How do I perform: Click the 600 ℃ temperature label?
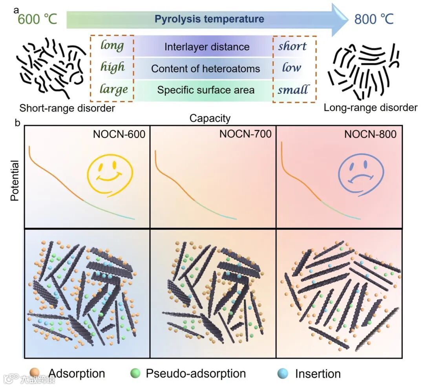click(x=38, y=18)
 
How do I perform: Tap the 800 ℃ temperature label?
click(x=374, y=18)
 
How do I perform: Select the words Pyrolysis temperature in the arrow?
click(x=209, y=19)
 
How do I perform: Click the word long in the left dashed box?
click(x=112, y=46)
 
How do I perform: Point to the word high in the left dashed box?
click(x=113, y=67)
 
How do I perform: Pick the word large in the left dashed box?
click(x=113, y=89)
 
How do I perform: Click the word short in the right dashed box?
click(x=292, y=46)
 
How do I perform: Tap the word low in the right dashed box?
click(x=292, y=68)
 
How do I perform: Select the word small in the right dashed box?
click(x=293, y=90)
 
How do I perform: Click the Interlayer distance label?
click(x=207, y=47)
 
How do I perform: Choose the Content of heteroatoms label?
click(x=206, y=69)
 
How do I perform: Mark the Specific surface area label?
click(x=206, y=90)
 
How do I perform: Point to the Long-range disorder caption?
click(x=371, y=107)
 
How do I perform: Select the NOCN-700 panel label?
click(x=245, y=134)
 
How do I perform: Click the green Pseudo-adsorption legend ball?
click(x=135, y=373)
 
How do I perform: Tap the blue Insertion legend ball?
click(x=282, y=373)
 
